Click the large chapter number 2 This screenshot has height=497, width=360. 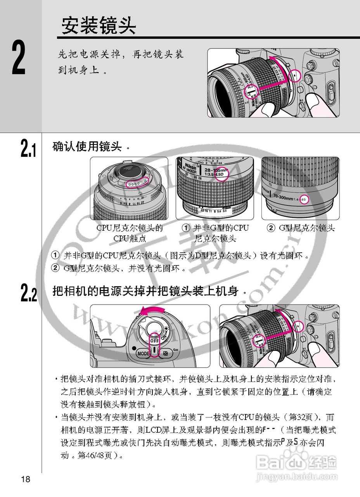pos(18,58)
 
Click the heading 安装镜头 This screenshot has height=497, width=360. pos(99,26)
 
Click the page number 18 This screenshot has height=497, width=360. pos(26,479)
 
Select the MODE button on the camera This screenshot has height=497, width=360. pos(143,354)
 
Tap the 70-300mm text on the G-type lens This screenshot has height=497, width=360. pos(285,197)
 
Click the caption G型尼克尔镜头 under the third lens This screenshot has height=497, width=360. pos(306,228)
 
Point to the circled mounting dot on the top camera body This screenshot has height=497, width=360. pos(295,75)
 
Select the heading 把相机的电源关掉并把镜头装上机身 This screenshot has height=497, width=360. pos(145,291)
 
